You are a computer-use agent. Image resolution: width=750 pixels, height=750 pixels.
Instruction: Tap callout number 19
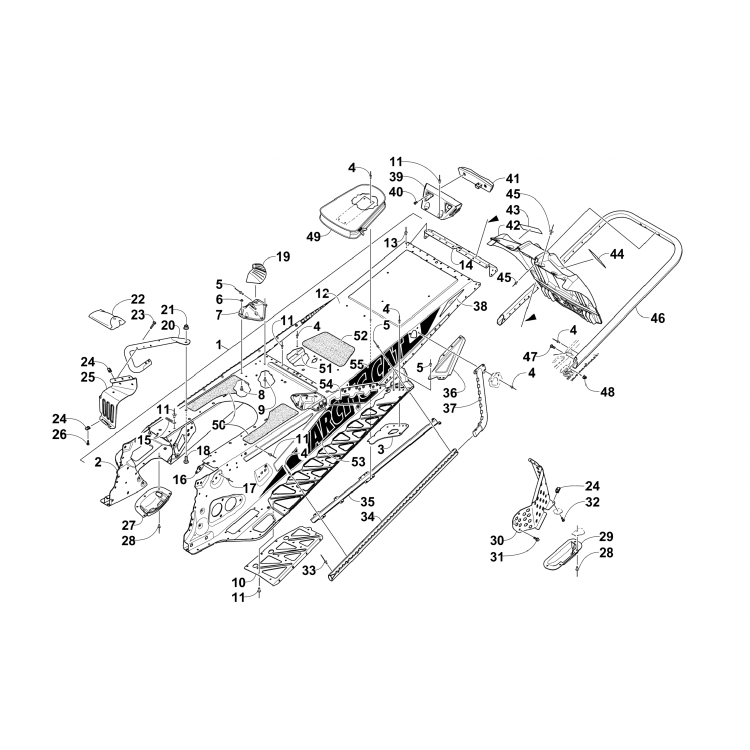(x=283, y=257)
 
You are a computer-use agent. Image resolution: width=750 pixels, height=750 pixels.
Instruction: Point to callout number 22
(x=137, y=299)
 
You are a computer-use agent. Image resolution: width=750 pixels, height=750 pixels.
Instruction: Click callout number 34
(x=368, y=517)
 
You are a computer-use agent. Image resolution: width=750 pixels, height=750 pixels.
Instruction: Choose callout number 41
(x=513, y=178)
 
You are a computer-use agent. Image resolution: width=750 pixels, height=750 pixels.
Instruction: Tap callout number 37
(x=450, y=408)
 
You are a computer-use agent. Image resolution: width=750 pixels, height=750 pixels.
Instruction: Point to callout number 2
(x=98, y=462)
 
